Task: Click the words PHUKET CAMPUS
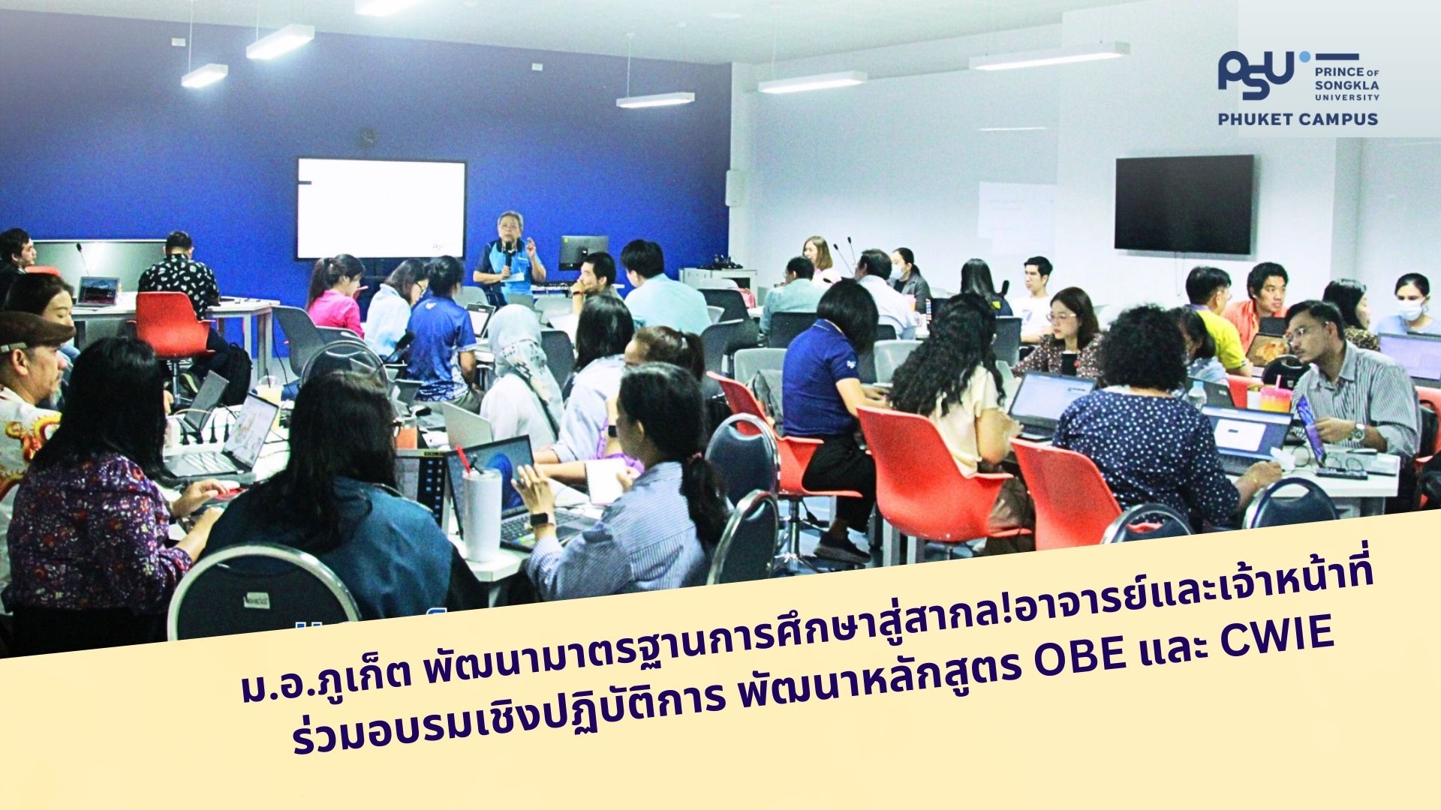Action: (x=1298, y=118)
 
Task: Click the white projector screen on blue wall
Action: (x=381, y=208)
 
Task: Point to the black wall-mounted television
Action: (x=1184, y=203)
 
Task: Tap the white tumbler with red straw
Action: (x=482, y=509)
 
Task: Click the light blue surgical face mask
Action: (x=1411, y=309)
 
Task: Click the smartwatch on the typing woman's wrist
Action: (x=538, y=519)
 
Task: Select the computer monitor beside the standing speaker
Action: (x=583, y=252)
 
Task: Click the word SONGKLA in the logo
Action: (x=1347, y=85)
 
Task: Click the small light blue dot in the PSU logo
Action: (x=1304, y=55)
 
